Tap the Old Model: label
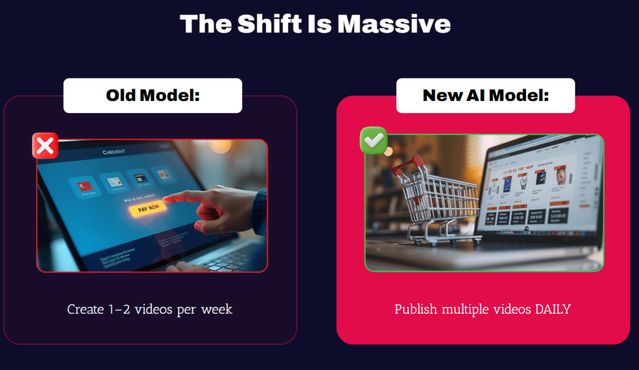pyautogui.click(x=152, y=95)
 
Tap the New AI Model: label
pyautogui.click(x=485, y=95)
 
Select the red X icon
pyautogui.click(x=45, y=145)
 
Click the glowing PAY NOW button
pyautogui.click(x=148, y=209)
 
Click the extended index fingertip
pyautogui.click(x=167, y=199)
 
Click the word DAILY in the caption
pyautogui.click(x=552, y=309)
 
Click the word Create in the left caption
pyautogui.click(x=85, y=309)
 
